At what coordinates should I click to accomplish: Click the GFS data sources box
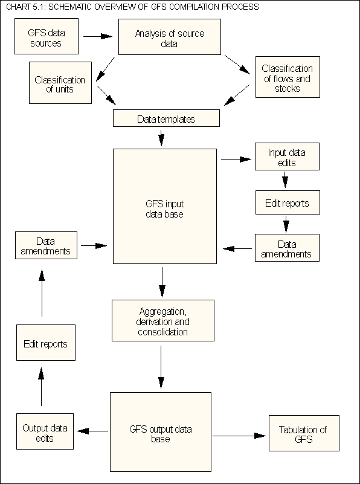click(x=45, y=37)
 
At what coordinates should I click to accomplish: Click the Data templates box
click(x=166, y=118)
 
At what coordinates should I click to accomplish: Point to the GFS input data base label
click(x=165, y=209)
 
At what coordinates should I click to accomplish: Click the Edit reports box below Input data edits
click(x=286, y=203)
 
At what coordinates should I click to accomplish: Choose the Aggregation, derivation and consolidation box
click(x=163, y=321)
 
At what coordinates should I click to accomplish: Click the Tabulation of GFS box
click(x=303, y=433)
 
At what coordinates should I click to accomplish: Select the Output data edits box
click(x=45, y=433)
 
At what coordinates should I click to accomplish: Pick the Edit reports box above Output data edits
click(x=45, y=344)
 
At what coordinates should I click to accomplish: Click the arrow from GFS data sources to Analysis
click(x=97, y=36)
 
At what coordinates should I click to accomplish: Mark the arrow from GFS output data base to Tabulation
click(x=240, y=434)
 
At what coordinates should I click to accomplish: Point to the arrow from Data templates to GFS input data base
click(x=161, y=138)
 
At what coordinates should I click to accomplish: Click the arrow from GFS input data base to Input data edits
click(x=236, y=160)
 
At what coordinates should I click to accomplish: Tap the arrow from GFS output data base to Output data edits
click(x=93, y=431)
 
